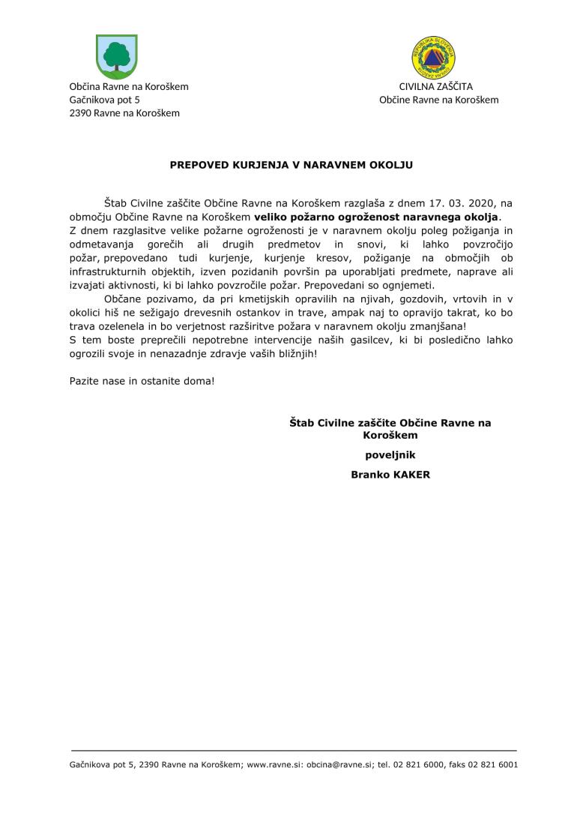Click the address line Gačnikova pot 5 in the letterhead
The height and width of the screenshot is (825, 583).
point(104,100)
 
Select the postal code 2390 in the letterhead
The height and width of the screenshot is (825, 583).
point(80,113)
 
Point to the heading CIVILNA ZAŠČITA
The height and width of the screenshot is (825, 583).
point(435,86)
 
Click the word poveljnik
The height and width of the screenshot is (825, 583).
point(390,454)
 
